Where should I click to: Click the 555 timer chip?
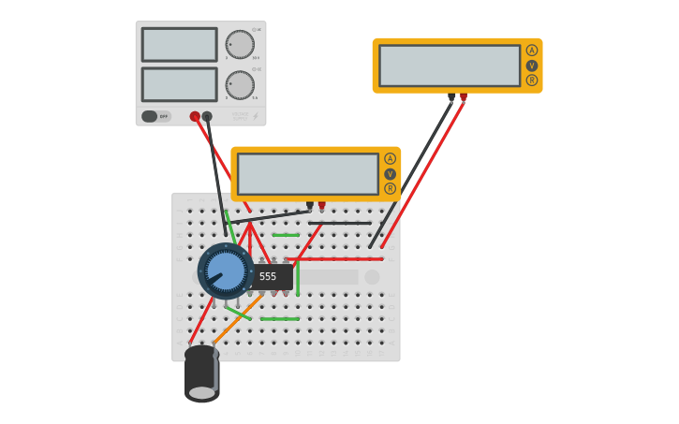(270, 276)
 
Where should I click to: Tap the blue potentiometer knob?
(226, 271)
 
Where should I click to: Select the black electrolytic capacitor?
(201, 373)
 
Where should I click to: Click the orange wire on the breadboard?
(236, 321)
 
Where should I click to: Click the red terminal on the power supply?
(195, 116)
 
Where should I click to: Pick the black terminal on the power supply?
(207, 116)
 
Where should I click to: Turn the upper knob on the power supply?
(240, 44)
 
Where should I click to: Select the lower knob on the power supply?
(240, 85)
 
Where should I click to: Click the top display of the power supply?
(179, 44)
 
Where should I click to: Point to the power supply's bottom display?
(179, 84)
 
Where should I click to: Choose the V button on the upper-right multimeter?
(532, 66)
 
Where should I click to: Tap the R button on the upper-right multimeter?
(532, 80)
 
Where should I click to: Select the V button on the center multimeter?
(390, 174)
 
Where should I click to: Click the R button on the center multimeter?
(390, 188)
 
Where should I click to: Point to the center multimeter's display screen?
(307, 174)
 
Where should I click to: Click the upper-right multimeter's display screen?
(450, 66)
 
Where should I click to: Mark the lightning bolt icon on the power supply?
(255, 116)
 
